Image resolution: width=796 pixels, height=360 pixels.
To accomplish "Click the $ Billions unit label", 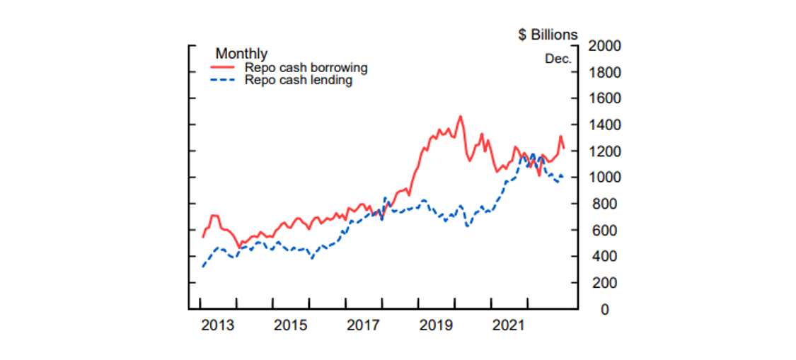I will [548, 35].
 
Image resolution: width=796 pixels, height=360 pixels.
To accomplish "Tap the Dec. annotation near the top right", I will [558, 59].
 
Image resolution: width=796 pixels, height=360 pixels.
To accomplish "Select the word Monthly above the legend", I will [241, 54].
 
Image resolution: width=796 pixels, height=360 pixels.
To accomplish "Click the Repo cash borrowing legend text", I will [306, 68].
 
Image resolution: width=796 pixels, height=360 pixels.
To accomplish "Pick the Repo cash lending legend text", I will [299, 80].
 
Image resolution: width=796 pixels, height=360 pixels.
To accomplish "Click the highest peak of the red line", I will [460, 117].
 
